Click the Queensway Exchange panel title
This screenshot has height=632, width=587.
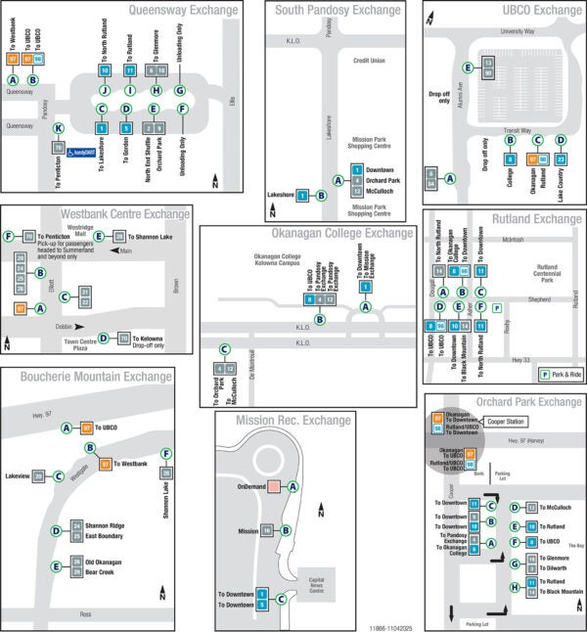point(182,11)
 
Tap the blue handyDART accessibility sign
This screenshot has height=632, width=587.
point(87,152)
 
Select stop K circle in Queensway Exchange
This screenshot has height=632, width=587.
point(59,128)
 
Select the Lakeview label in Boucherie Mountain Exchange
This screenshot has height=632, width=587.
point(17,475)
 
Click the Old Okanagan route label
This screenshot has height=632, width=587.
point(104,562)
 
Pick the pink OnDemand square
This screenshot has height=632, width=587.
point(274,486)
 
